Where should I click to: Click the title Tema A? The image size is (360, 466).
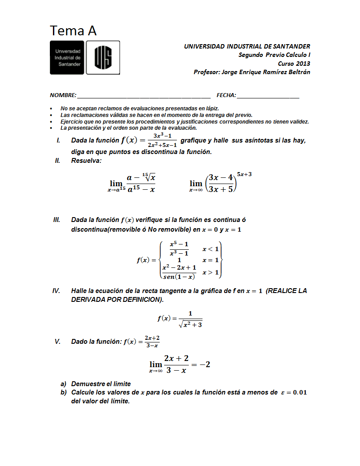pos(73,31)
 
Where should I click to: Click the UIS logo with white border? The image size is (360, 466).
pos(103,57)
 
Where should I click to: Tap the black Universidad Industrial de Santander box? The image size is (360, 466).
pos(67,57)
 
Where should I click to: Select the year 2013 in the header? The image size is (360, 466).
pos(303,64)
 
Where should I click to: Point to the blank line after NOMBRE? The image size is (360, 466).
pos(143,96)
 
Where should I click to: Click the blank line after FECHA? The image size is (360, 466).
pos(268,96)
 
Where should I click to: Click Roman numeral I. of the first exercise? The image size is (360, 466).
pos(58,141)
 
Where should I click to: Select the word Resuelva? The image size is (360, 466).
pos(86,161)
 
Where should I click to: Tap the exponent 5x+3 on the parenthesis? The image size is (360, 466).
pos(244,174)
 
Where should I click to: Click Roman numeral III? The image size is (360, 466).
pos(56,220)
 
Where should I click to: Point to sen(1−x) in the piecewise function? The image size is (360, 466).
pos(179,277)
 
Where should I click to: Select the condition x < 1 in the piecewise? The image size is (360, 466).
pos(210,249)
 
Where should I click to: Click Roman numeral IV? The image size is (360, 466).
pos(56,291)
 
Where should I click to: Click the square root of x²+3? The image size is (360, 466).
pos(191,324)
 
